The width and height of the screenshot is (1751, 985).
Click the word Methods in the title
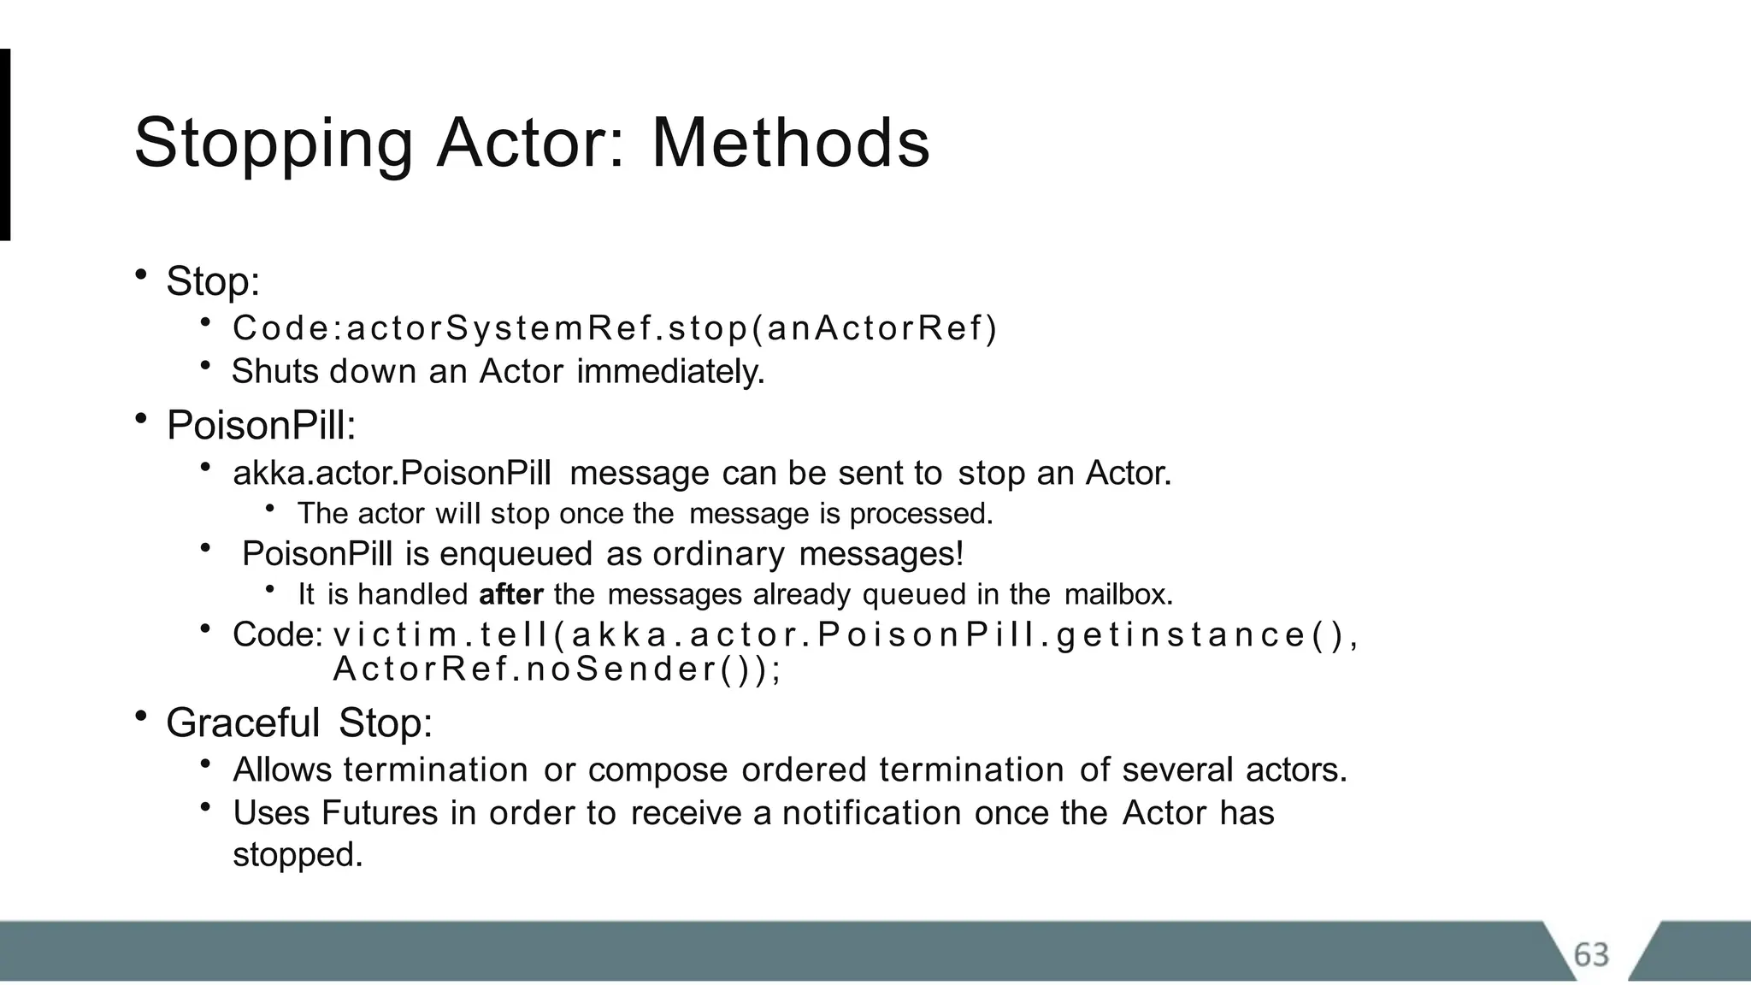tap(790, 143)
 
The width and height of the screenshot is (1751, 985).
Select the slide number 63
tap(1591, 955)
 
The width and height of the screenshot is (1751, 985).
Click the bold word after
tap(510, 594)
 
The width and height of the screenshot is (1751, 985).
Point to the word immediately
tap(670, 372)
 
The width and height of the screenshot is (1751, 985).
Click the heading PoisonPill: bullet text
tap(261, 426)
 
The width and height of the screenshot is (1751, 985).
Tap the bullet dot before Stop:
tap(141, 274)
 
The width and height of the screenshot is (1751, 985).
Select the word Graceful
tap(242, 723)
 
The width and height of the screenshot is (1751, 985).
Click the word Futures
tap(379, 813)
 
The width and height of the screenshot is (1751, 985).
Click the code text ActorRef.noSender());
tap(557, 669)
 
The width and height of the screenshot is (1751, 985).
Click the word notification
tap(872, 813)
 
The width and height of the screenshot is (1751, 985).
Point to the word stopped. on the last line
tap(298, 855)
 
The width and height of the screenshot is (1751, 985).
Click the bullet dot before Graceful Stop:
tap(141, 716)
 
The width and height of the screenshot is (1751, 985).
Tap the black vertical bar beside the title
tap(5, 145)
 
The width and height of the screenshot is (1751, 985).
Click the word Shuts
tap(274, 372)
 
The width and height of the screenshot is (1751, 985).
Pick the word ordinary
tap(718, 554)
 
